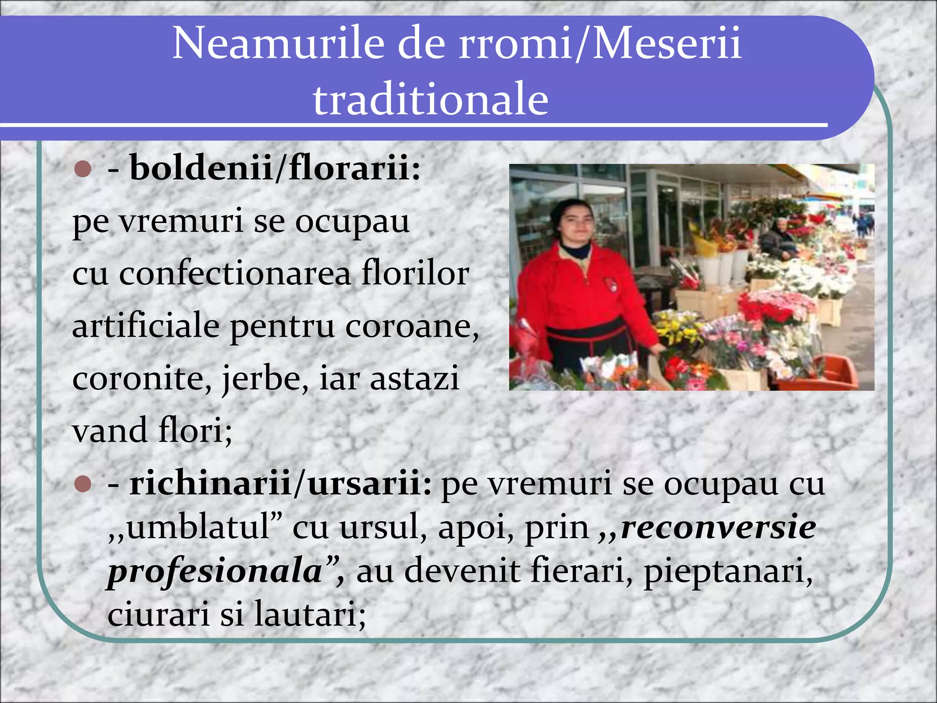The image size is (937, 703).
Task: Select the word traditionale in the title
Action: (431, 99)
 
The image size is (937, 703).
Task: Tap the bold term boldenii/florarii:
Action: (275, 168)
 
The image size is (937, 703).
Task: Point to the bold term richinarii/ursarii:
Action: (280, 483)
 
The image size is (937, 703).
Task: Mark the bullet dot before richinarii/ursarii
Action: (83, 484)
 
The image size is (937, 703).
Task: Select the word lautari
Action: (309, 614)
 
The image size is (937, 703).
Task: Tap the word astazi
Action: (414, 379)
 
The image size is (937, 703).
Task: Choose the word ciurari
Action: (158, 614)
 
